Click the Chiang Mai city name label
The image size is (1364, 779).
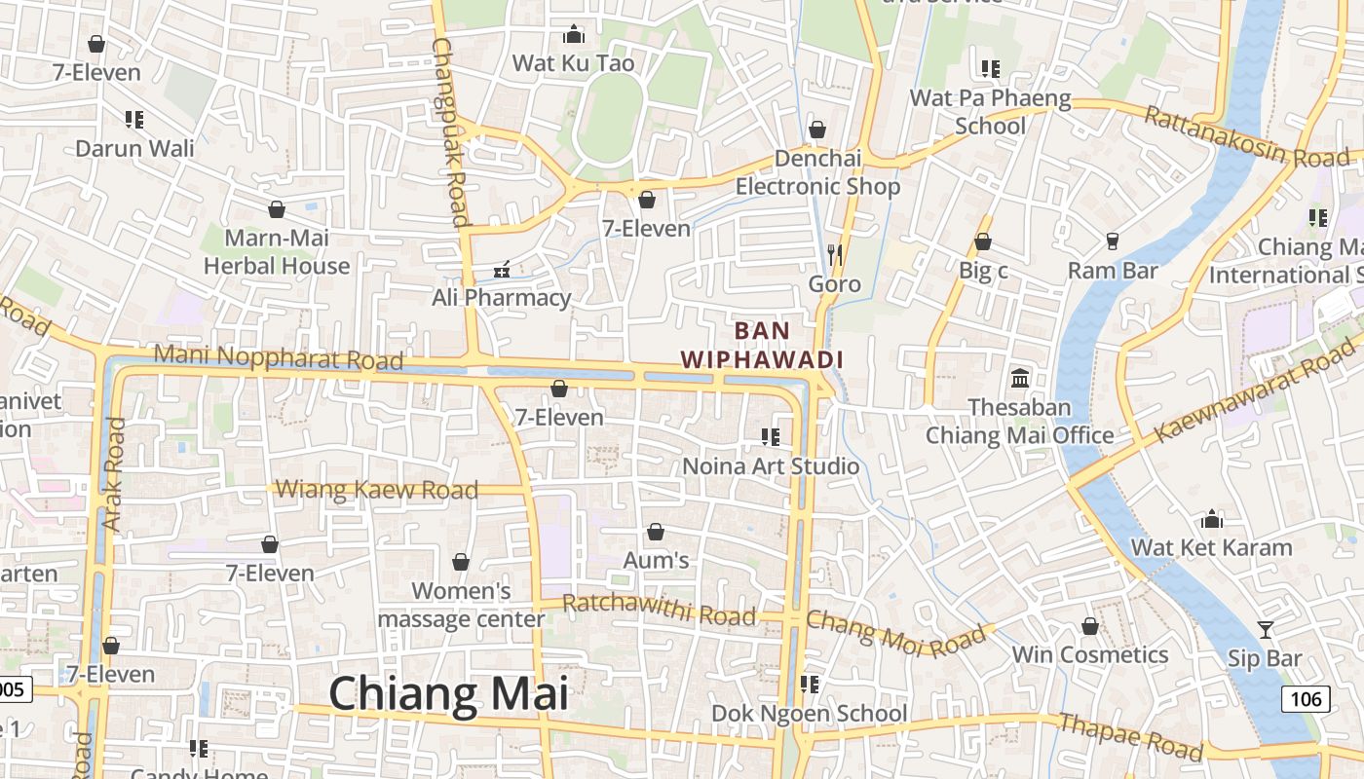[x=448, y=694]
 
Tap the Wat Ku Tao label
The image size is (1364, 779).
[x=573, y=63]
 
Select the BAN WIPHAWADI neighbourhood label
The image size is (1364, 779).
[x=762, y=345]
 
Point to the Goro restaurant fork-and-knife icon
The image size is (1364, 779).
[x=834, y=255]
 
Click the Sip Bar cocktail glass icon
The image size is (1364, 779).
[x=1265, y=630]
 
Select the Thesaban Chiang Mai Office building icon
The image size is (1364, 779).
[x=1020, y=378]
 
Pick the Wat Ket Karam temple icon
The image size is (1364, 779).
[x=1212, y=519]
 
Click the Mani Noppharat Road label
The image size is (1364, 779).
[x=278, y=357]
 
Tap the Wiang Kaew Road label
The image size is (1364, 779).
[x=377, y=489]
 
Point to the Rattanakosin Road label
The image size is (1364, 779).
[x=1246, y=137]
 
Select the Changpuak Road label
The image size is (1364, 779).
[x=450, y=131]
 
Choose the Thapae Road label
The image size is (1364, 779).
[x=1130, y=736]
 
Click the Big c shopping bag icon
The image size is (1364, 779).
[x=983, y=241]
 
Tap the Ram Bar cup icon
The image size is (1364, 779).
[x=1113, y=241]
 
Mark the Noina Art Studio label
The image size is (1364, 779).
[x=771, y=466]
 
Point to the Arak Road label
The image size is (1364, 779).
[x=114, y=474]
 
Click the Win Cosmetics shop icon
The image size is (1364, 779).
[x=1090, y=626]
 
